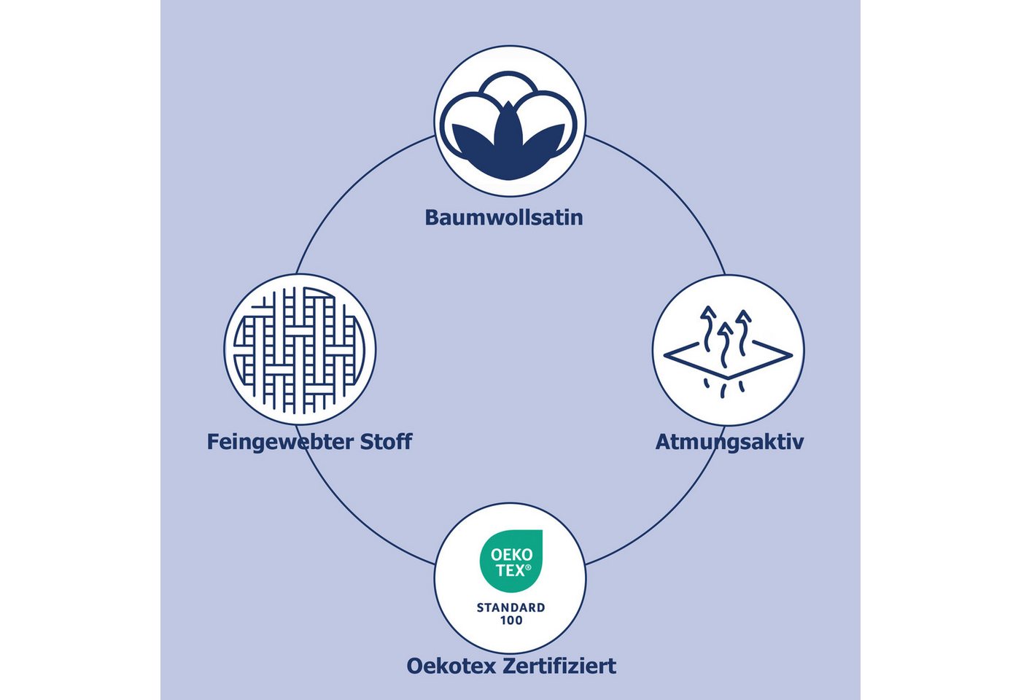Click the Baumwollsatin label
[x=504, y=217]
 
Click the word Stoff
[x=386, y=441]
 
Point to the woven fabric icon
[x=300, y=350]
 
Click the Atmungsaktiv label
[x=729, y=442]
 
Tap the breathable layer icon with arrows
[x=728, y=353]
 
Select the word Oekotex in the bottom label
[x=451, y=666]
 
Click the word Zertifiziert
[x=559, y=666]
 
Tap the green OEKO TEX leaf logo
[x=511, y=561]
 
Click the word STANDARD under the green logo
[x=510, y=607]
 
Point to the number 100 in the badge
[x=511, y=621]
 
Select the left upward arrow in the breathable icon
[x=708, y=329]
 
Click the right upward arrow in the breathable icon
[x=743, y=332]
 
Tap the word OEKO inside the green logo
[x=511, y=555]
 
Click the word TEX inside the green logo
[x=510, y=570]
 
